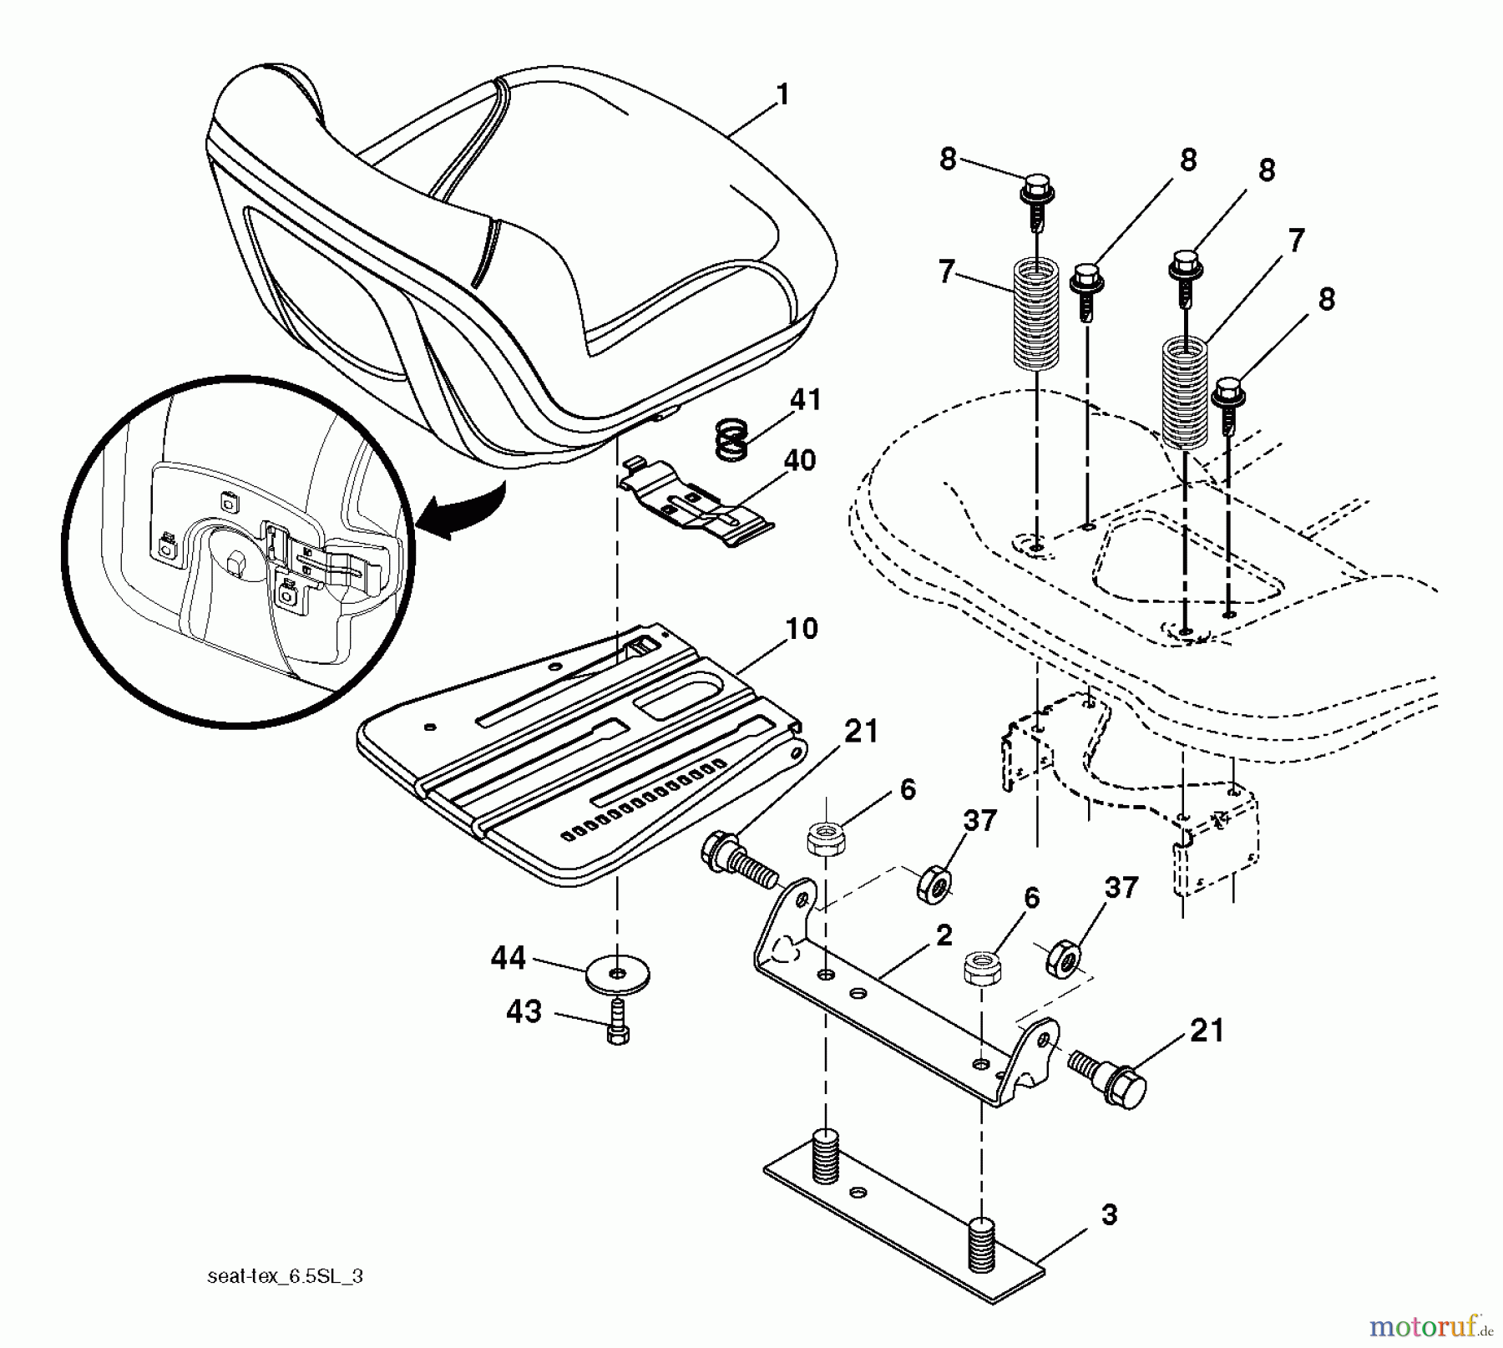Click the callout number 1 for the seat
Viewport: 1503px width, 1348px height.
click(x=782, y=94)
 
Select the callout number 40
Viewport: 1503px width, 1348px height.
click(x=799, y=460)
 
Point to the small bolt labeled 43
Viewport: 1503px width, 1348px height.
click(x=617, y=1024)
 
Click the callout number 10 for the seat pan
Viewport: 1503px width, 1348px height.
click(x=802, y=628)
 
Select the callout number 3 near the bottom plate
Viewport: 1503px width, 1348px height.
click(x=1108, y=1214)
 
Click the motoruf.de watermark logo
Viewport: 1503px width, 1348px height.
click(x=1429, y=1325)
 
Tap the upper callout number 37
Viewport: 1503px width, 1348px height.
click(x=979, y=821)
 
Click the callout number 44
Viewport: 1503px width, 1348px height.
click(x=508, y=958)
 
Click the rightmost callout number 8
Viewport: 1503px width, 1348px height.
click(x=1326, y=299)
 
